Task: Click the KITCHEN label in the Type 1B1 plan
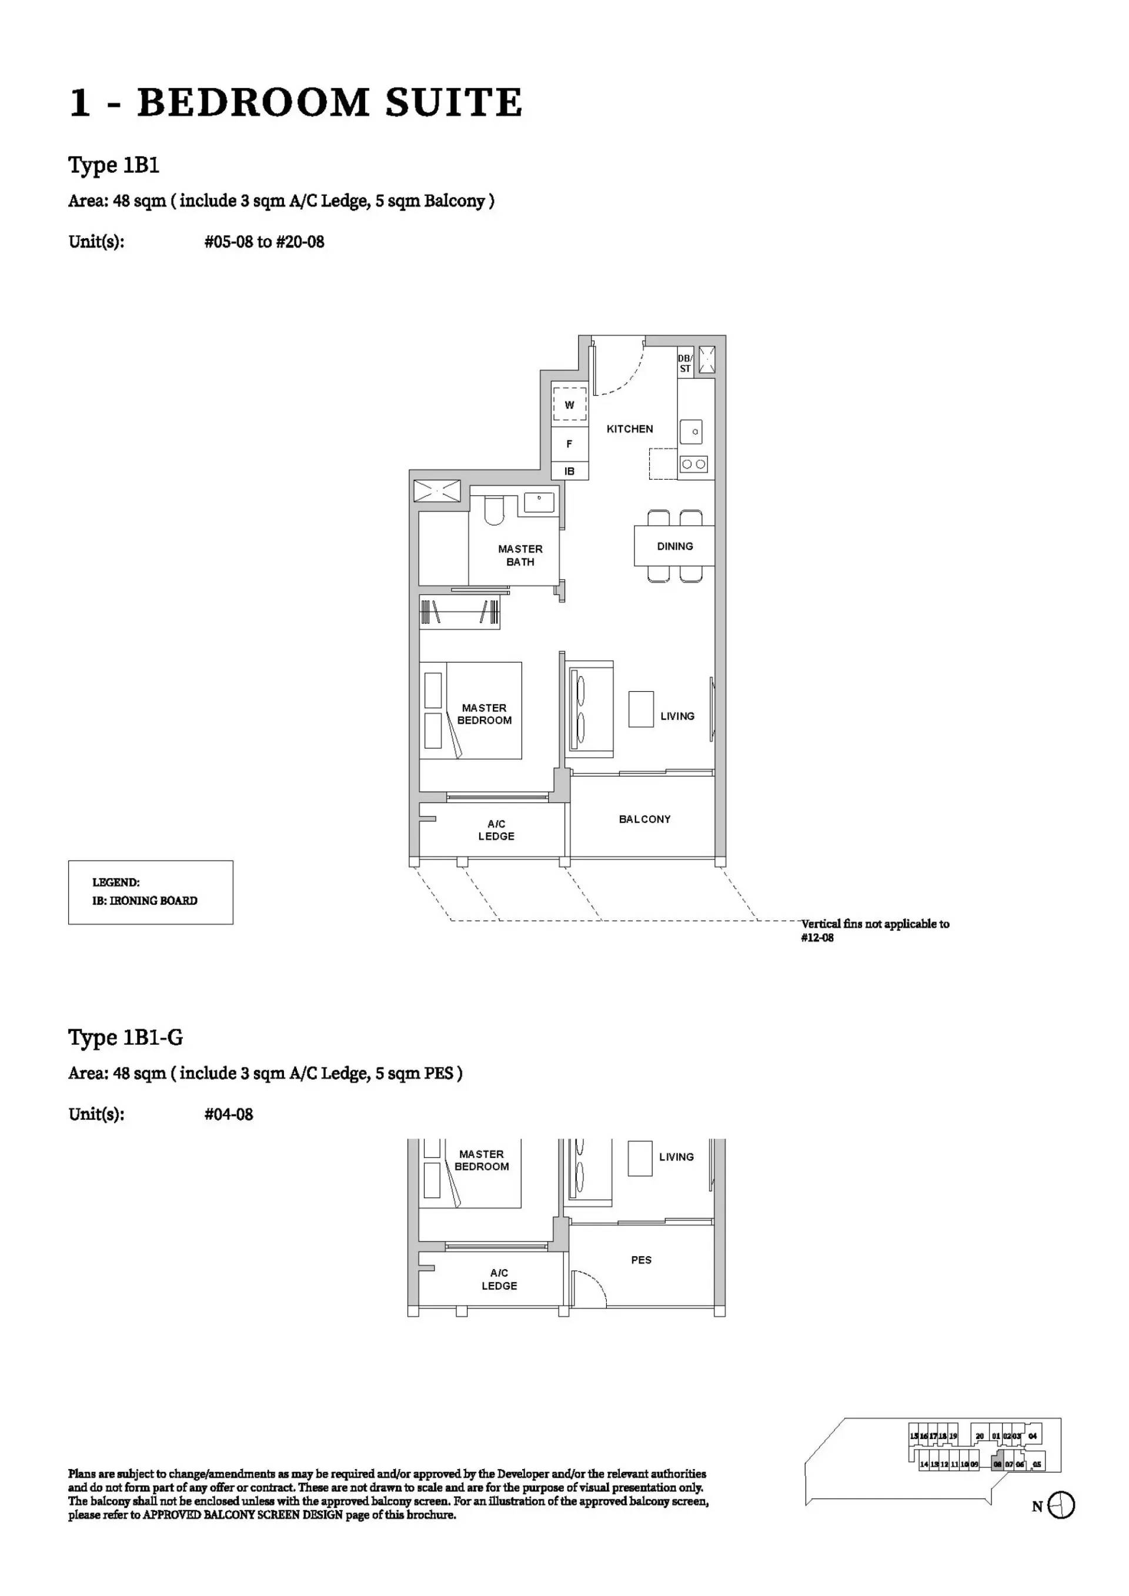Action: tap(629, 429)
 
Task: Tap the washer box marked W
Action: tap(569, 404)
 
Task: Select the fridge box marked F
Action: tap(569, 443)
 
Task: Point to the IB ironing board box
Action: tap(569, 471)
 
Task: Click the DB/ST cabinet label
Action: tap(686, 363)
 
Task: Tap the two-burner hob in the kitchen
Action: tap(693, 464)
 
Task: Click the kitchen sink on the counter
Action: tap(691, 431)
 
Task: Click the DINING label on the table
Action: tap(674, 546)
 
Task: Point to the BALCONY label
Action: tap(644, 819)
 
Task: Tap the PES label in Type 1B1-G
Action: tap(641, 1260)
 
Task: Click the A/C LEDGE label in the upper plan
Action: tap(496, 830)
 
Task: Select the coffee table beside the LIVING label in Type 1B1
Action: tap(641, 709)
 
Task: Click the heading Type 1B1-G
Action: tap(125, 1037)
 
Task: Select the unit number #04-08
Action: tap(229, 1115)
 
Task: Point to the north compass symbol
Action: tap(1061, 1505)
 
